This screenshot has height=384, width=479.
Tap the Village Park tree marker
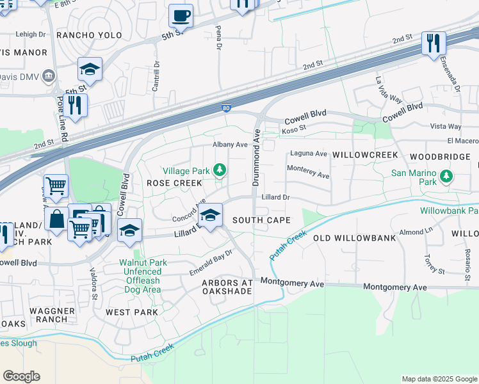coord(220,170)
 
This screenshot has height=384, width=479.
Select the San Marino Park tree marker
coord(446,175)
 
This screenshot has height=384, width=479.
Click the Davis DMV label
coord(23,77)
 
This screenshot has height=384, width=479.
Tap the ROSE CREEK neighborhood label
coord(174,183)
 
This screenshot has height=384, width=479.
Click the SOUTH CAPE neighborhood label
coord(261,220)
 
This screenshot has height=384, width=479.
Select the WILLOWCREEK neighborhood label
coord(365,156)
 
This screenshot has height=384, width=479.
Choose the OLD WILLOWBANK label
coord(354,238)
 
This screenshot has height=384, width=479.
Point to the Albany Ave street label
coord(230,145)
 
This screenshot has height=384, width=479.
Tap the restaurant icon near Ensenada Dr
coord(434,44)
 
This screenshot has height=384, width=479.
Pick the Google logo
coord(21,376)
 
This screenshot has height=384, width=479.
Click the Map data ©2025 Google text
coord(439,379)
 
